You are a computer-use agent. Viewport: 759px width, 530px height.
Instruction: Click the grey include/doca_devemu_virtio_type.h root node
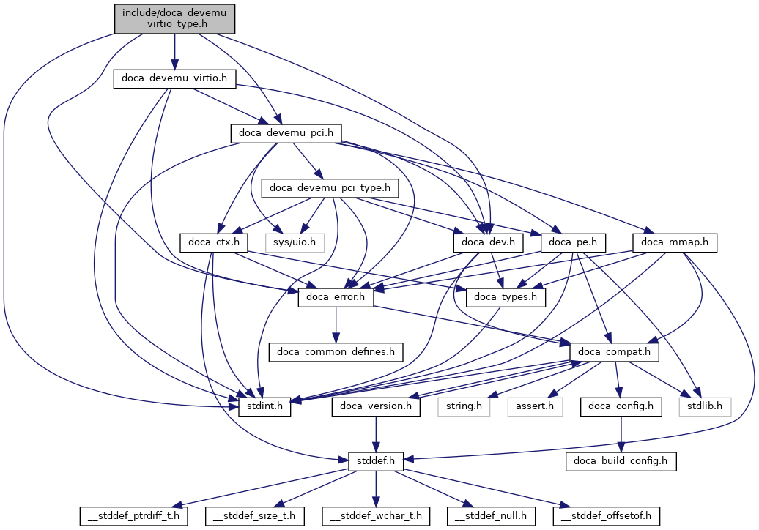(174, 18)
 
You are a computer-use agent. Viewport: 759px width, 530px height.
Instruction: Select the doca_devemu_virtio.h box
(174, 79)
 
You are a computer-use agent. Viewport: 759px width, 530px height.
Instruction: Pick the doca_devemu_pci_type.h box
(333, 188)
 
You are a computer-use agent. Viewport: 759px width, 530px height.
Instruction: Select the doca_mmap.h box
(674, 242)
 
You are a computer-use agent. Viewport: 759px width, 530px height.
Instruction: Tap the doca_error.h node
(336, 297)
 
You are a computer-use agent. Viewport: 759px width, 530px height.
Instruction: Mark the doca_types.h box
(506, 297)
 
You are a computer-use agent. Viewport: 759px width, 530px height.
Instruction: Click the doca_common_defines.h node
(336, 352)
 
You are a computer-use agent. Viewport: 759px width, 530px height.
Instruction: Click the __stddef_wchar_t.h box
(376, 516)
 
